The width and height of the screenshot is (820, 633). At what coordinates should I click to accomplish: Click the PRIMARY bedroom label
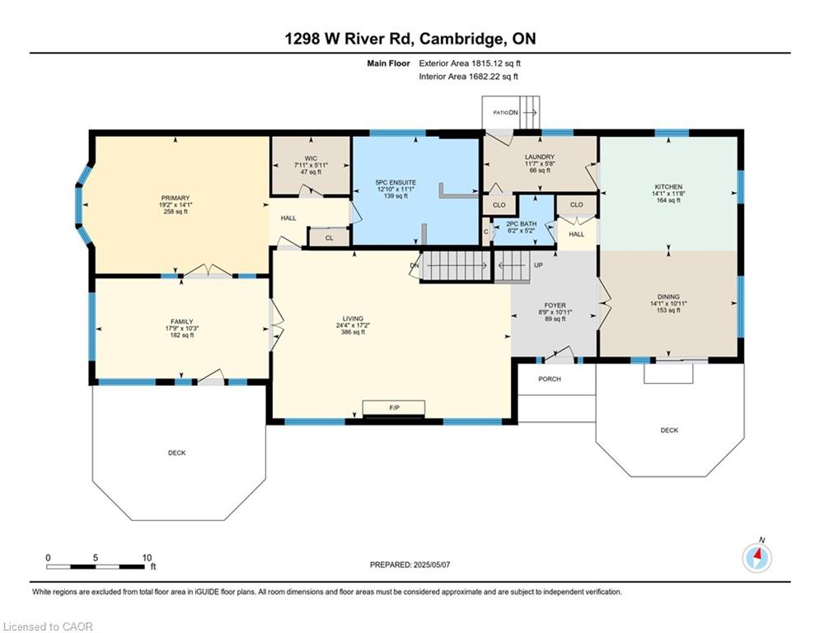pos(175,198)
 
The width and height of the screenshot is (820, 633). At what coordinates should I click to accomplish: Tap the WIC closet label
pos(310,158)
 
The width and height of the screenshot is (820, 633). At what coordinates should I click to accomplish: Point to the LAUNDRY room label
pos(540,157)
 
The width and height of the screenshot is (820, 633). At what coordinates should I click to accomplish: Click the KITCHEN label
pos(670,187)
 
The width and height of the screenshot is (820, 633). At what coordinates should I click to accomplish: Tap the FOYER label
pos(555,305)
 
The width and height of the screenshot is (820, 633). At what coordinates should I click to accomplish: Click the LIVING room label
pos(353,319)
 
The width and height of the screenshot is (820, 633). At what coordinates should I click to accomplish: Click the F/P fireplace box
pos(393,408)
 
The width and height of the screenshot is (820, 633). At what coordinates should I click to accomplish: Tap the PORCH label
pos(550,379)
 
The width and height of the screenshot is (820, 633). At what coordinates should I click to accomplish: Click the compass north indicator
pos(757,558)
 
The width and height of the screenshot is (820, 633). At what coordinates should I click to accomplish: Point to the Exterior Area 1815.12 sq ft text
pos(470,63)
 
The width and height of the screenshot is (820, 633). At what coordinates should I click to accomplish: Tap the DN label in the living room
pos(414,265)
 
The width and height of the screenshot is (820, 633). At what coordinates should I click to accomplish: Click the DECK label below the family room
pos(177,452)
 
